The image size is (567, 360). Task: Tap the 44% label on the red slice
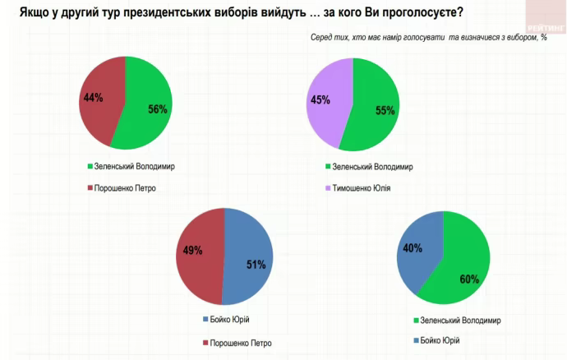point(93,98)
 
